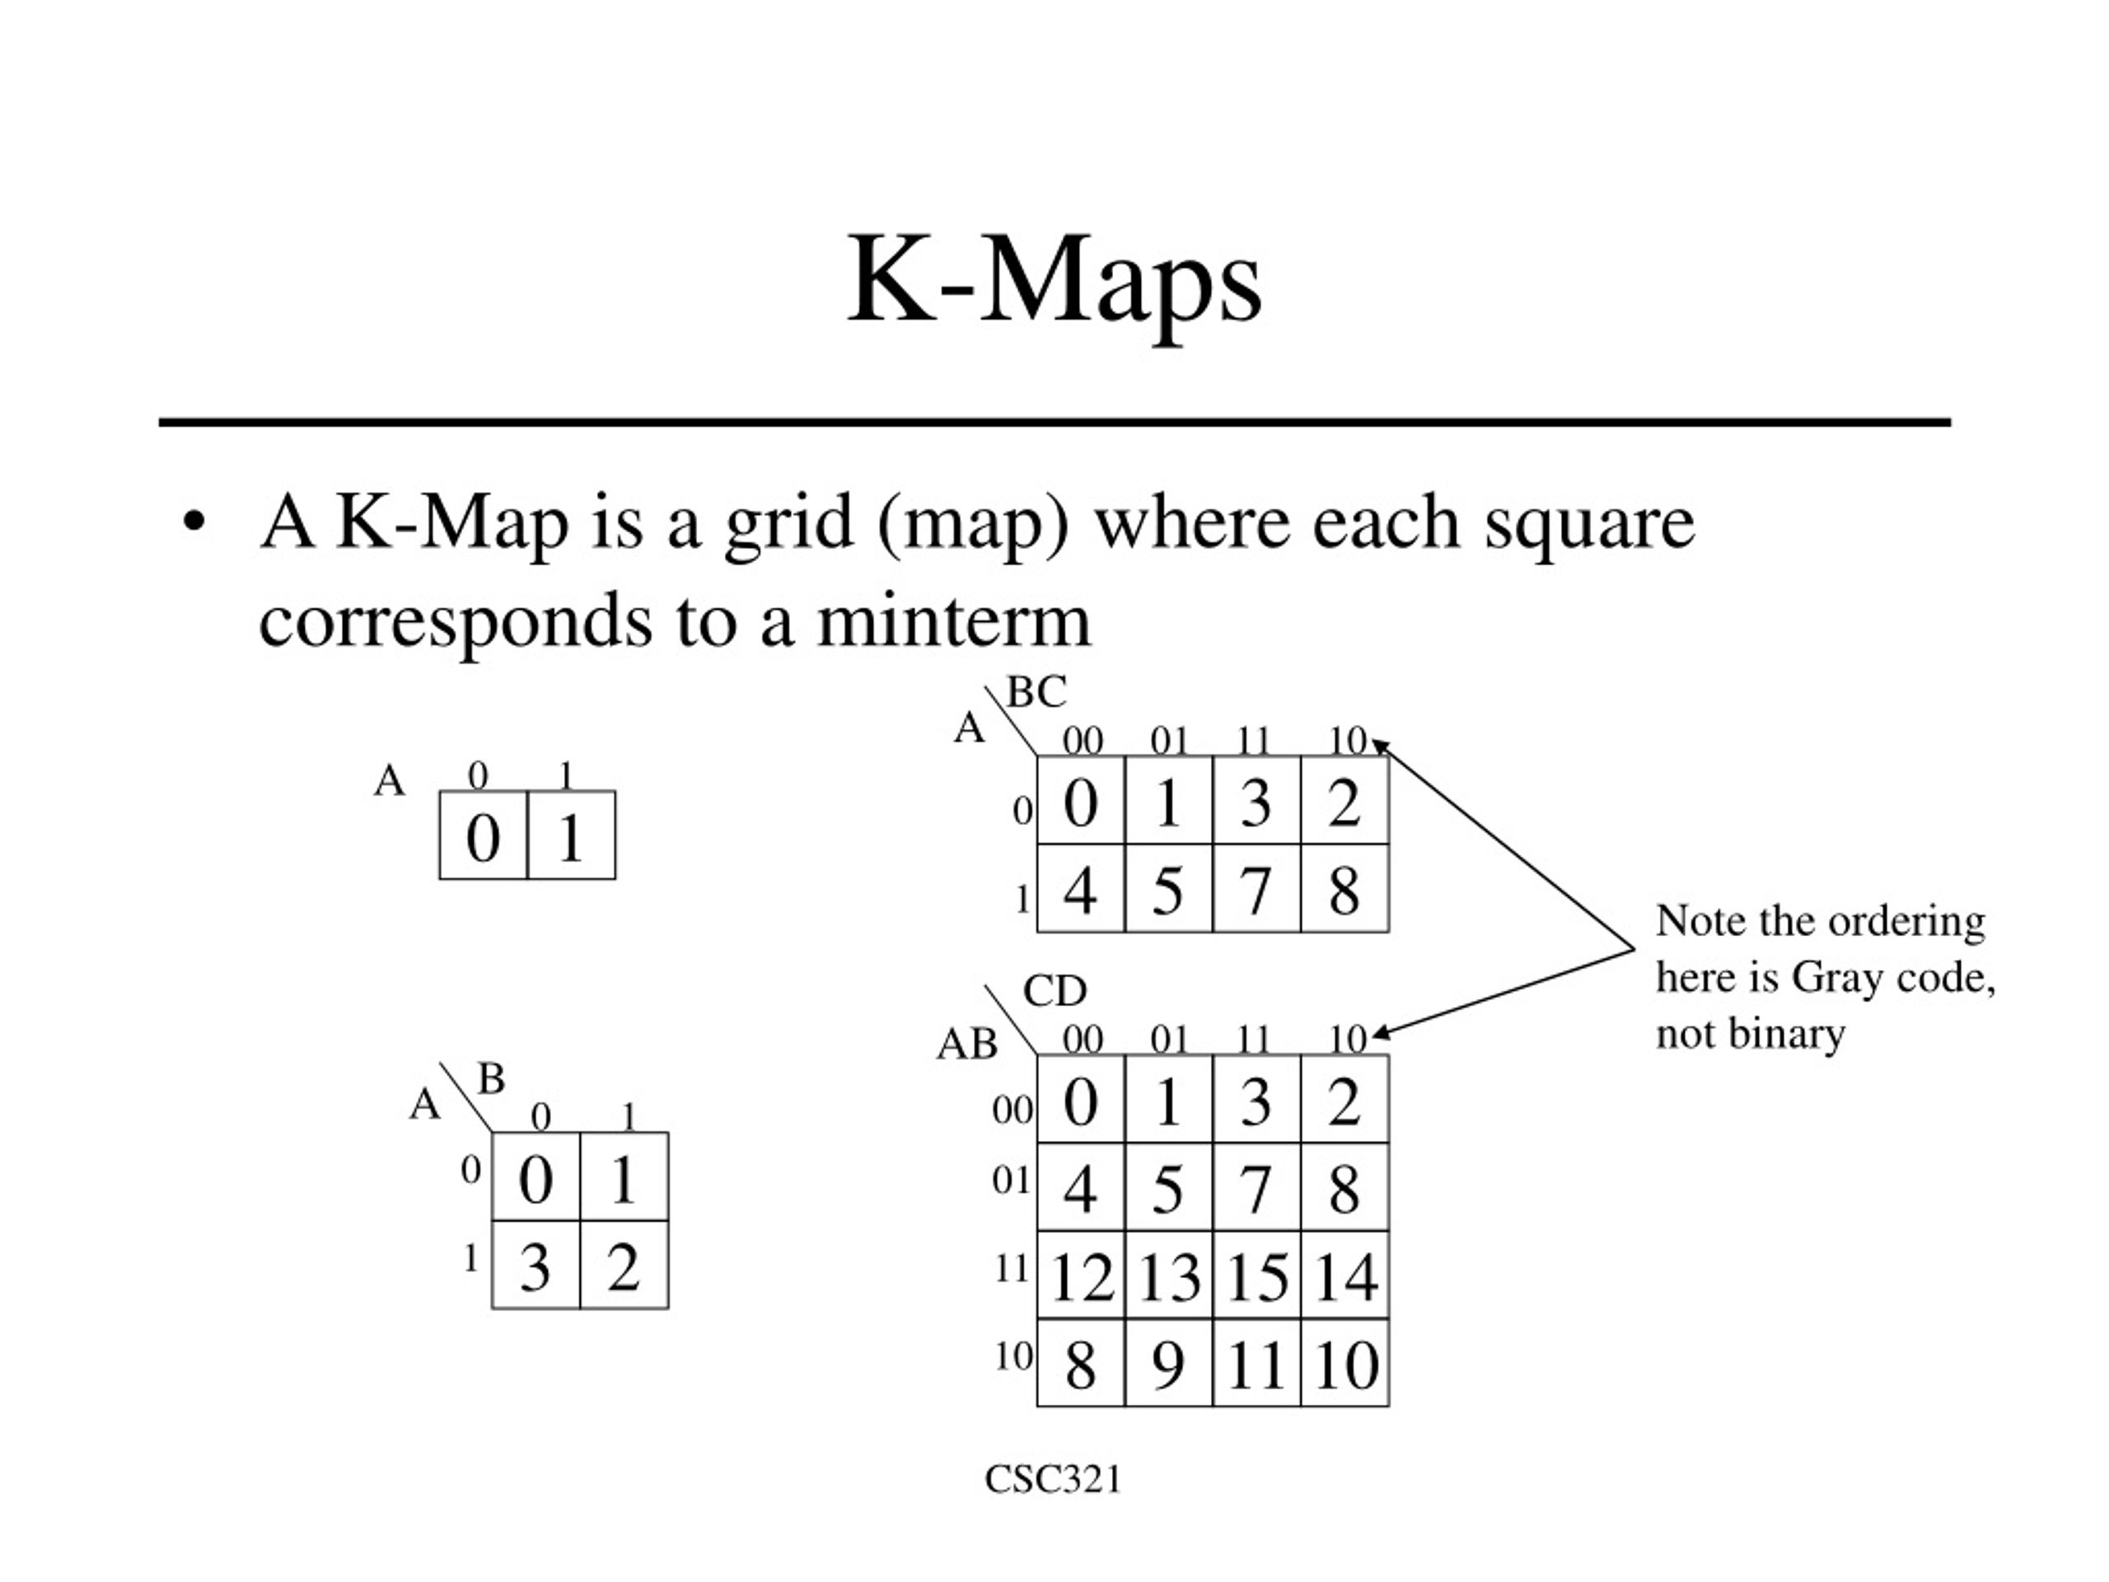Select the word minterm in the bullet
click(x=953, y=620)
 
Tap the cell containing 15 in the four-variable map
click(x=1256, y=1275)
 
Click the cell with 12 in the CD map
click(x=1081, y=1275)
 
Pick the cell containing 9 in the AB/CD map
click(x=1169, y=1364)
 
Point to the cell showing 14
click(x=1345, y=1275)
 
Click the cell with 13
click(x=1169, y=1275)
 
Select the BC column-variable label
click(x=1036, y=692)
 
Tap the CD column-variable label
click(x=1054, y=992)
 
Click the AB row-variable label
click(x=967, y=1045)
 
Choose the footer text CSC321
click(x=1054, y=1480)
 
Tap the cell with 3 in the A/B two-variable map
click(x=535, y=1265)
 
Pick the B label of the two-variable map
click(x=491, y=1079)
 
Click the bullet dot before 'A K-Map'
click(x=194, y=523)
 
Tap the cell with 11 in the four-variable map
click(x=1256, y=1364)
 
